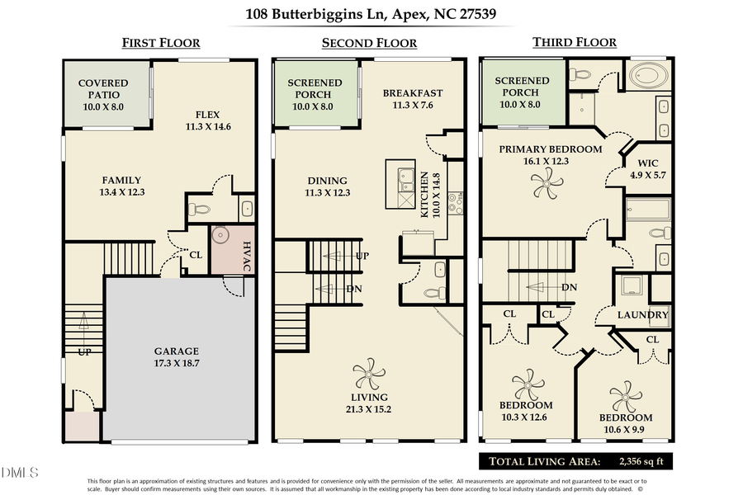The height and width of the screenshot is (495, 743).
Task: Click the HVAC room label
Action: [x=247, y=256]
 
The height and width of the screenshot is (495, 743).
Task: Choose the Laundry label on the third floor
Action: [x=643, y=315]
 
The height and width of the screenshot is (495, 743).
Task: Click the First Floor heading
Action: [x=161, y=43]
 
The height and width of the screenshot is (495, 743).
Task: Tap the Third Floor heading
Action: [x=575, y=42]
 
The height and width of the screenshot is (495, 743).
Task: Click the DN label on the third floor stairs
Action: [x=569, y=287]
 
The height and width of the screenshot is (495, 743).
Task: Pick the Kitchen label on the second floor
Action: [x=425, y=195]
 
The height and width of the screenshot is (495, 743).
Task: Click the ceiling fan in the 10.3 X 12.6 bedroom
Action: [x=528, y=384]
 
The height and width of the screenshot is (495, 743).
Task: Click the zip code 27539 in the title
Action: [x=474, y=14]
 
